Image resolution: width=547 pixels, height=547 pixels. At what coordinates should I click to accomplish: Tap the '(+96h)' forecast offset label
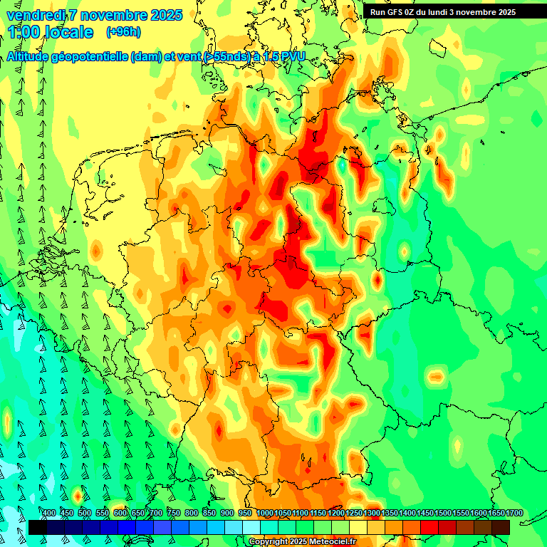(x=123, y=32)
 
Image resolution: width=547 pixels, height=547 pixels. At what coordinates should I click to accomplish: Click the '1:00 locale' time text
(x=51, y=32)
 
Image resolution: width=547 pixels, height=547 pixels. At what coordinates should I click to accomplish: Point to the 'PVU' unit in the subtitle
(x=291, y=57)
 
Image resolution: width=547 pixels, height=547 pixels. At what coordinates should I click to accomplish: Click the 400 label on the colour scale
(x=48, y=514)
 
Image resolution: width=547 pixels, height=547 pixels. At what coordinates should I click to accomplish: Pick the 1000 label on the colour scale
(x=264, y=514)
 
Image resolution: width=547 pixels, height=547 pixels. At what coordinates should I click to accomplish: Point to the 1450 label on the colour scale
(x=424, y=514)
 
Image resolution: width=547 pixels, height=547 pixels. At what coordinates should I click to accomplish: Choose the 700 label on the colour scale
(x=156, y=514)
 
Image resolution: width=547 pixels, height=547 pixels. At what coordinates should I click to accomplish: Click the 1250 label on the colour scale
(x=353, y=514)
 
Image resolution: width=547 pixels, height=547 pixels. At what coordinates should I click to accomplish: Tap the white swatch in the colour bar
(x=251, y=527)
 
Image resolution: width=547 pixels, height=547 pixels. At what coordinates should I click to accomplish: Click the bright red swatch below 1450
(x=429, y=527)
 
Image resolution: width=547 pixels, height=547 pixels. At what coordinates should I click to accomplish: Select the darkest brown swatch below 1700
(x=501, y=527)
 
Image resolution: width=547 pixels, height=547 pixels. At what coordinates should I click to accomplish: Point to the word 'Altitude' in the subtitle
(x=31, y=57)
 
